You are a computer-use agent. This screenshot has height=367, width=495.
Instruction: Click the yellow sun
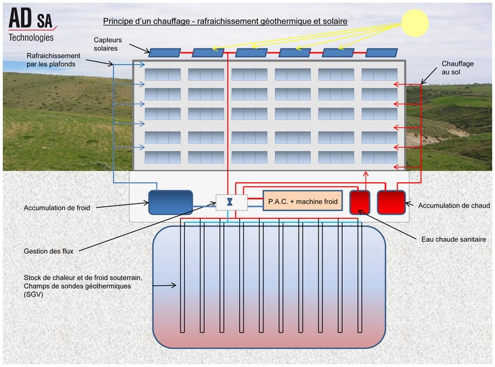(416, 22)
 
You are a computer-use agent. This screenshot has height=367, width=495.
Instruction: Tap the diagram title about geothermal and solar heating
(225, 21)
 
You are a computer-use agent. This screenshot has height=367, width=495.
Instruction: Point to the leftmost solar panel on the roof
(165, 52)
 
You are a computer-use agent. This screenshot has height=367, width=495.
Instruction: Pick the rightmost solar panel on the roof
(381, 52)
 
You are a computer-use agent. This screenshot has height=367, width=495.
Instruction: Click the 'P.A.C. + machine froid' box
(303, 201)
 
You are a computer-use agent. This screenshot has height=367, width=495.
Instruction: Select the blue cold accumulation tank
(170, 202)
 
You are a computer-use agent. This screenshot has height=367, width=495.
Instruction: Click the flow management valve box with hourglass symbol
(229, 202)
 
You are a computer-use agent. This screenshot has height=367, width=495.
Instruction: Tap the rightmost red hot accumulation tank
(391, 201)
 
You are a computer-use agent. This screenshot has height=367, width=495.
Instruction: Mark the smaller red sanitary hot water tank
(359, 201)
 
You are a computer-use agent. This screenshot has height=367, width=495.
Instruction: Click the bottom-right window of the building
(379, 157)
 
